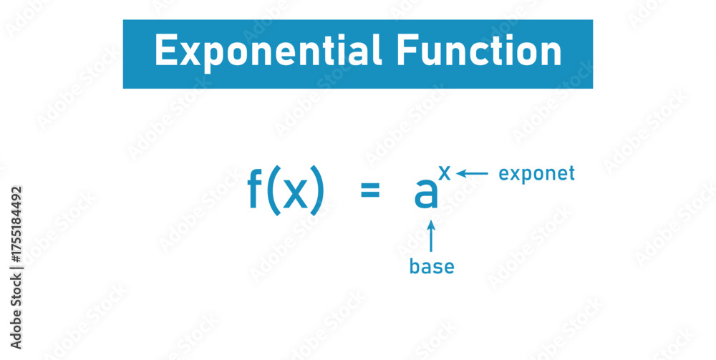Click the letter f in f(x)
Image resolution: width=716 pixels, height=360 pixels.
click(x=256, y=190)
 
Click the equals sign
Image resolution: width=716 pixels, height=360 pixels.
click(x=369, y=191)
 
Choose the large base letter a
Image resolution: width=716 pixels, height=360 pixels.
click(x=425, y=193)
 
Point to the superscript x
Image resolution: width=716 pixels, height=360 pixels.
click(x=445, y=172)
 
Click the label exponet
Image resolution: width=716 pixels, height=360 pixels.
click(x=536, y=174)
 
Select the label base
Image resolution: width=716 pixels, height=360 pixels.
click(x=432, y=267)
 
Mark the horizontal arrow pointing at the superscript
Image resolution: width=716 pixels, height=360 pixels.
click(x=473, y=173)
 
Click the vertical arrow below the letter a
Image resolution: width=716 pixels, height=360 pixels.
click(x=431, y=236)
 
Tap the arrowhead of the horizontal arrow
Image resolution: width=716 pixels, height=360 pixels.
click(x=460, y=173)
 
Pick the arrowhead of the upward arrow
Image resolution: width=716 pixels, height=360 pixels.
click(x=431, y=224)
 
